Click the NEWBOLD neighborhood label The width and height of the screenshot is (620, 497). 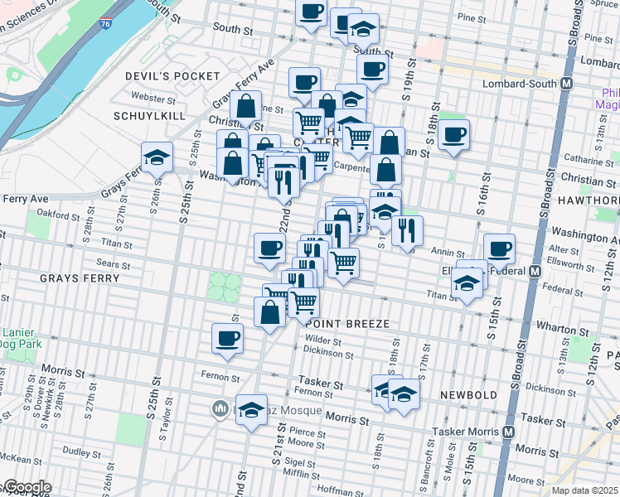click(468, 395)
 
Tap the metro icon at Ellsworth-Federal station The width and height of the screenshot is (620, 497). click(535, 271)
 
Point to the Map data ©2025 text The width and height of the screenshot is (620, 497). click(584, 490)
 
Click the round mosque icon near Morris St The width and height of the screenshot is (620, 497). click(220, 408)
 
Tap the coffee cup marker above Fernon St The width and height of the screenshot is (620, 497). click(228, 338)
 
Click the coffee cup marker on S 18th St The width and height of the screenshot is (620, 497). click(454, 134)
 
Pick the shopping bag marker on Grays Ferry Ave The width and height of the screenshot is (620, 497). click(246, 107)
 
